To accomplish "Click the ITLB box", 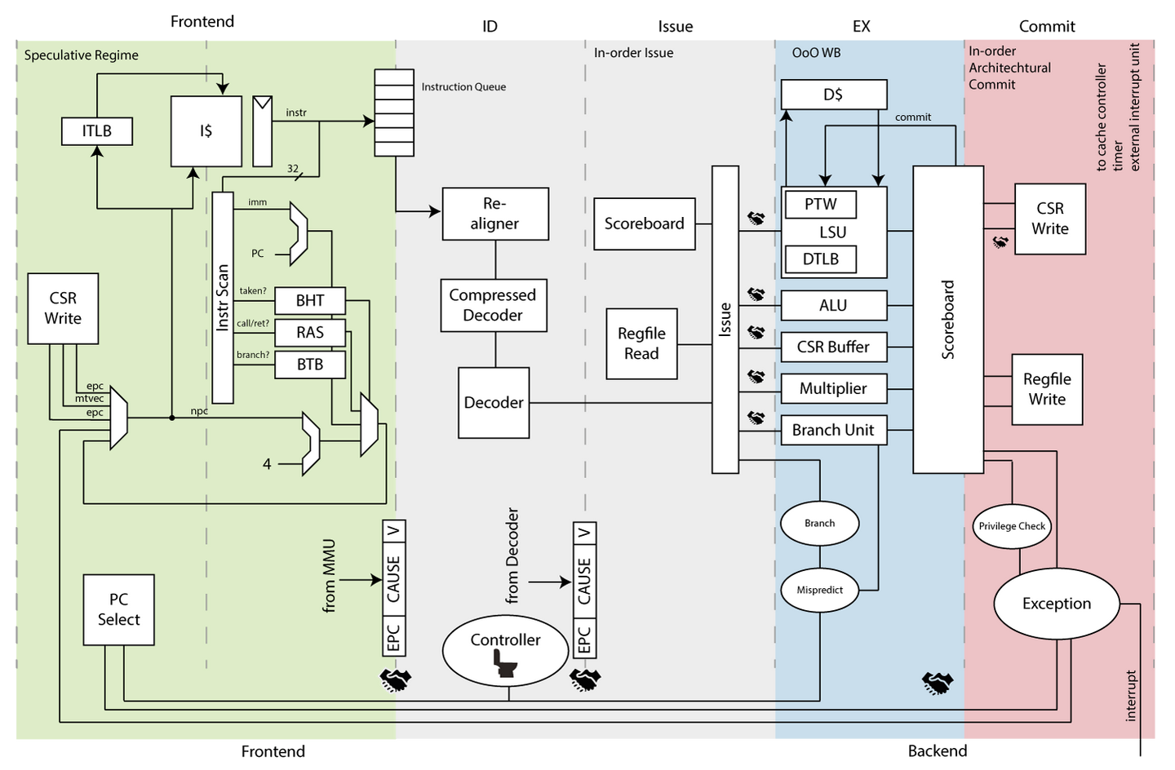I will (97, 131).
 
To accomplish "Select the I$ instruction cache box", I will (206, 131).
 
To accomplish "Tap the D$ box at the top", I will (833, 95).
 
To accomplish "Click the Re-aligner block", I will (494, 214).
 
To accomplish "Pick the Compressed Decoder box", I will (493, 305).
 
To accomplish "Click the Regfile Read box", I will (641, 343).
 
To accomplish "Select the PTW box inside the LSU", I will (820, 204).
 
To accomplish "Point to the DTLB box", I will (820, 259).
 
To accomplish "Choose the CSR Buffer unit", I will (833, 347).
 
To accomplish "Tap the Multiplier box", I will (833, 388).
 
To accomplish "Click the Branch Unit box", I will (833, 430).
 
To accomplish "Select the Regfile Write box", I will (1047, 389).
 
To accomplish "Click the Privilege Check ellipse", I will (1012, 526).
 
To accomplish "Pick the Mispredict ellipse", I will (819, 590).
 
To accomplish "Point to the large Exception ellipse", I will (1056, 604).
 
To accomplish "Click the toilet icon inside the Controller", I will (506, 665).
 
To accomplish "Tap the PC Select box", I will (118, 609).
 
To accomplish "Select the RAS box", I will (310, 333).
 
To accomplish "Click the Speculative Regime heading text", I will (81, 55).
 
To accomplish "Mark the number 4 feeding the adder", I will (267, 464).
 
